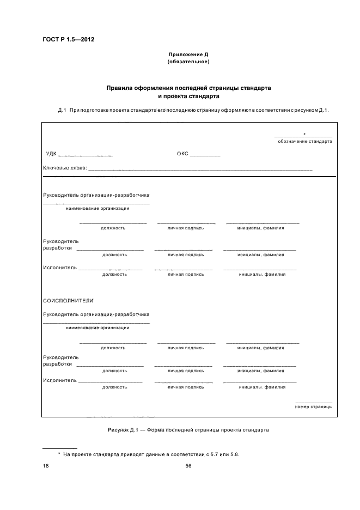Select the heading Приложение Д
pyautogui.click(x=188, y=55)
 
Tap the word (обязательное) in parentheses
pyautogui.click(x=188, y=62)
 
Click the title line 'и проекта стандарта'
pyautogui.click(x=188, y=96)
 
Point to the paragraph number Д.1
pyautogui.click(x=62, y=111)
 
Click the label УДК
pyautogui.click(x=51, y=154)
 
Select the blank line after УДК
pyautogui.click(x=85, y=155)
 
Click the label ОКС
pyautogui.click(x=182, y=154)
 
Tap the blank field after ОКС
pyautogui.click(x=205, y=155)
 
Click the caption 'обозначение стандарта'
pyautogui.click(x=304, y=141)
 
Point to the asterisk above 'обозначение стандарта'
pyautogui.click(x=304, y=133)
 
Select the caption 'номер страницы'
pyautogui.click(x=313, y=406)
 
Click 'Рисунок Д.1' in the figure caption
pyautogui.click(x=124, y=430)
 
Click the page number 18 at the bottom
pyautogui.click(x=46, y=466)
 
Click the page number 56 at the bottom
pyautogui.click(x=188, y=466)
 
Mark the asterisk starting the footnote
pyautogui.click(x=59, y=453)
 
